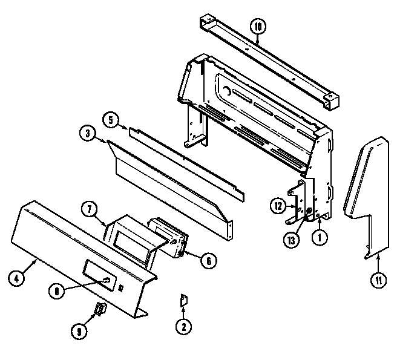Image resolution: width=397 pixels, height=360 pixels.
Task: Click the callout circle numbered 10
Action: pyautogui.click(x=258, y=26)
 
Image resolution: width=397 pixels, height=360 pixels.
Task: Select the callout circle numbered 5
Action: pyautogui.click(x=110, y=119)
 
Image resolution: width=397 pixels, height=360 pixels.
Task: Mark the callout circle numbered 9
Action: pyautogui.click(x=80, y=331)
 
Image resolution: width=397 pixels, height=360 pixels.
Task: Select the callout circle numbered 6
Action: pyautogui.click(x=208, y=261)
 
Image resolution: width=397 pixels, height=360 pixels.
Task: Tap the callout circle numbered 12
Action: pyautogui.click(x=277, y=206)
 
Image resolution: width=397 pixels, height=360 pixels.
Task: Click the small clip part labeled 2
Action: pyautogui.click(x=184, y=300)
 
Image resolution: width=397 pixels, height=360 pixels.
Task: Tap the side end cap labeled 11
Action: pyautogui.click(x=363, y=182)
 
